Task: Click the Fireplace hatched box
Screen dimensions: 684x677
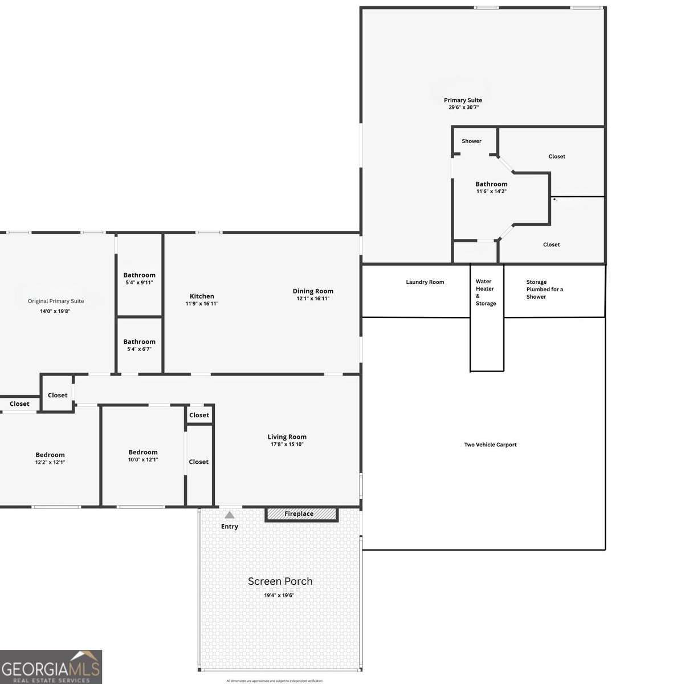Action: click(301, 514)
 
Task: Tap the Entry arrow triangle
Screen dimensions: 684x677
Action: click(229, 515)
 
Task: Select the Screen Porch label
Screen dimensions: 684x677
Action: click(280, 581)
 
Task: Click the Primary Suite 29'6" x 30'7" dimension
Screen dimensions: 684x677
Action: click(463, 107)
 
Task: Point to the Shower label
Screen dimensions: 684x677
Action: click(471, 141)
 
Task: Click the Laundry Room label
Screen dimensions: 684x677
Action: click(425, 282)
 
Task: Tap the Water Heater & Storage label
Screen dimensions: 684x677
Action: click(486, 292)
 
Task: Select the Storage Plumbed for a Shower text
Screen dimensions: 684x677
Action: click(544, 289)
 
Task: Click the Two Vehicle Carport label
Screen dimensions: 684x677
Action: click(490, 445)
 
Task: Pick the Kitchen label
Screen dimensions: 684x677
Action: click(202, 296)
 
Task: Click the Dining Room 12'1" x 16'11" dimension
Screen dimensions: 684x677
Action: click(313, 299)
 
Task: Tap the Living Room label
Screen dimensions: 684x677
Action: click(287, 437)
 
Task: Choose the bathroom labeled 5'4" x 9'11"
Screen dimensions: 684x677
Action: click(139, 278)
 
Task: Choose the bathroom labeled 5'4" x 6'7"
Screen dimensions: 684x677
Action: click(139, 345)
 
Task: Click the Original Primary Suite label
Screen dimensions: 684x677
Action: click(56, 301)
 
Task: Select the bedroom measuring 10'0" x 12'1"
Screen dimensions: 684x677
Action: click(143, 455)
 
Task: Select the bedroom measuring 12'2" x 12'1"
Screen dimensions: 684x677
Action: click(50, 458)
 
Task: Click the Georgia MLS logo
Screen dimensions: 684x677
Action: click(51, 666)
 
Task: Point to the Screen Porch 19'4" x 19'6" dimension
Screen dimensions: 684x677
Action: click(279, 595)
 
